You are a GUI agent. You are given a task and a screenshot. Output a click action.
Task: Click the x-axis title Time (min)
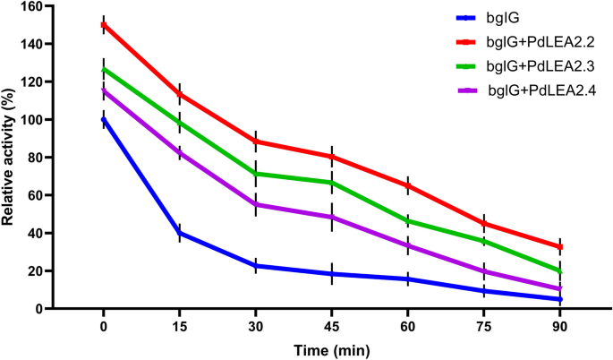point(333,350)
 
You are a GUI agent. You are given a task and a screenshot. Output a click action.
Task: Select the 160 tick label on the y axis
point(33,6)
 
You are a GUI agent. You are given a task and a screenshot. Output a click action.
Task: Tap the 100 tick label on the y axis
point(33,120)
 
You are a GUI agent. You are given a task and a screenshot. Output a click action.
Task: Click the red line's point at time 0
point(104,25)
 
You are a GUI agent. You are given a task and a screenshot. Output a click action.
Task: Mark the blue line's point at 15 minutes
point(180,233)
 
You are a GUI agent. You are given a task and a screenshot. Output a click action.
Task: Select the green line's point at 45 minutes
point(333,183)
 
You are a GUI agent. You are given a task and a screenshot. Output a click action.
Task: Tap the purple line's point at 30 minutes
point(257,204)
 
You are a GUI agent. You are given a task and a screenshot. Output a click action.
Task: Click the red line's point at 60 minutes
point(409,185)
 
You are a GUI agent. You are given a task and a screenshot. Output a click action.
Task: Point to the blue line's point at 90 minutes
point(561,299)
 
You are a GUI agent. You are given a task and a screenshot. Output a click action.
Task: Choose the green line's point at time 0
point(104,69)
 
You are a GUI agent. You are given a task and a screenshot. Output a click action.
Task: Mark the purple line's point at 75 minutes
point(485,271)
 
